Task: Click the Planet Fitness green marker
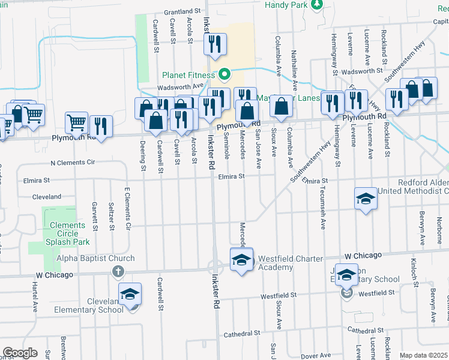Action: [224, 75]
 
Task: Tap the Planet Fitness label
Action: [188, 76]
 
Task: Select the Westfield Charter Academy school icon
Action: [241, 260]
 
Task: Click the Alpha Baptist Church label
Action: [95, 259]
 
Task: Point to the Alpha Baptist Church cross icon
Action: [118, 272]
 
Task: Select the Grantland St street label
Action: [182, 11]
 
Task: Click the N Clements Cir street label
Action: [73, 163]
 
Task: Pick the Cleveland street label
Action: [47, 196]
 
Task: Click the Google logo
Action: [20, 352]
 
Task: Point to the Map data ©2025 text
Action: [423, 355]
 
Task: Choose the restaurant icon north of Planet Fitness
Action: [214, 44]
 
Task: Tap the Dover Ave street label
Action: [315, 356]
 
